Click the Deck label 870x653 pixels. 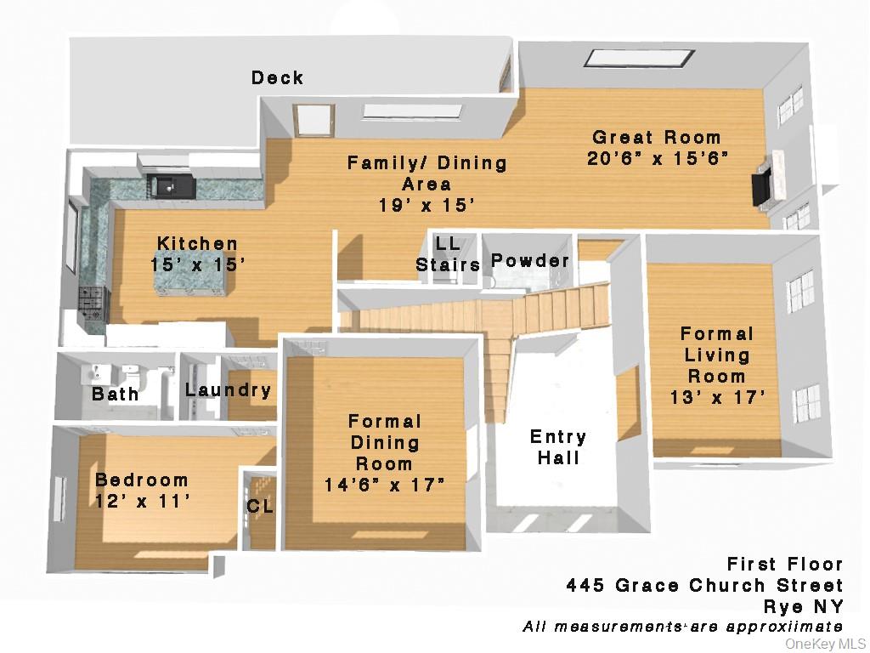point(277,78)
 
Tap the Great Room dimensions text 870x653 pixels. point(658,159)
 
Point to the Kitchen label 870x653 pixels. point(197,244)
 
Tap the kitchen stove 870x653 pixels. point(90,304)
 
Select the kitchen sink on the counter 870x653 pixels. point(165,182)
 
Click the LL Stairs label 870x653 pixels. point(448,254)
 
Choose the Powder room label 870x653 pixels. point(530,261)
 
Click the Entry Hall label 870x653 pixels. point(557,447)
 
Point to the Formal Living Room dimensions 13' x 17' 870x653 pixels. point(717,397)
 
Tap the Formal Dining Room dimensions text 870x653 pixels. point(385,485)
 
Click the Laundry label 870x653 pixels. point(228,390)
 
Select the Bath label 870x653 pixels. point(116,395)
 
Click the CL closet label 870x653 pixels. point(260,507)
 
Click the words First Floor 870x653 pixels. point(784,565)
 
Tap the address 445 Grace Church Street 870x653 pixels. point(704,586)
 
